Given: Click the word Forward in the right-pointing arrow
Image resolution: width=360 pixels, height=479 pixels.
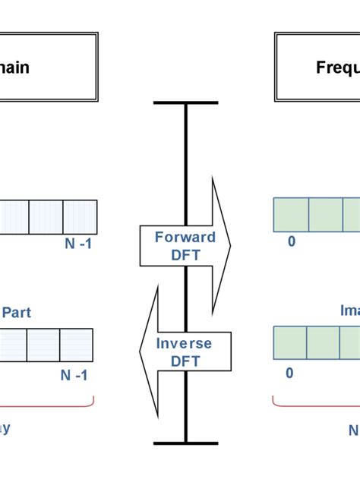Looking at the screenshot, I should [185, 237].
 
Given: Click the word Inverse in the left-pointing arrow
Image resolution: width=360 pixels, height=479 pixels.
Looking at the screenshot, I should [184, 344].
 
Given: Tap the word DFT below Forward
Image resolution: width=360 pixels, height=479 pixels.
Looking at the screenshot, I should [185, 256].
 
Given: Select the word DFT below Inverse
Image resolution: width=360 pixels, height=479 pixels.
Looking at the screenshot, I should [184, 362].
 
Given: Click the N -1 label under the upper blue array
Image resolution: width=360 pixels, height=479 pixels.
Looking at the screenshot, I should [77, 244].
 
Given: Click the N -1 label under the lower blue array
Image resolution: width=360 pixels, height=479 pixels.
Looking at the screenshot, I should [74, 375].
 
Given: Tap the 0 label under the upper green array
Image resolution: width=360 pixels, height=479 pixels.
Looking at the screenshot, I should [291, 241].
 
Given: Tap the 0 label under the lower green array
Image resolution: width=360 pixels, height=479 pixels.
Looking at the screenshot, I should [289, 373].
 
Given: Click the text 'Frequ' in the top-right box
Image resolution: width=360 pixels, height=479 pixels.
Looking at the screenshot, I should [337, 68].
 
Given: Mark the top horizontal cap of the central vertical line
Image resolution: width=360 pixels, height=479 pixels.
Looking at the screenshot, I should [185, 102].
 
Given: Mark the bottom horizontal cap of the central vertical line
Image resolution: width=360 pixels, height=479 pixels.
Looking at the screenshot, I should [185, 443].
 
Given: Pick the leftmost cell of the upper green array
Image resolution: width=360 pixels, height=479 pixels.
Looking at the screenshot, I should [291, 215].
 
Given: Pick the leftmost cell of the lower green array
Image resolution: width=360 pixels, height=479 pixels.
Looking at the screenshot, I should [290, 343].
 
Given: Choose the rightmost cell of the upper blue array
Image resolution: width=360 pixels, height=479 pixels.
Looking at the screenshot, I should [80, 216].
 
